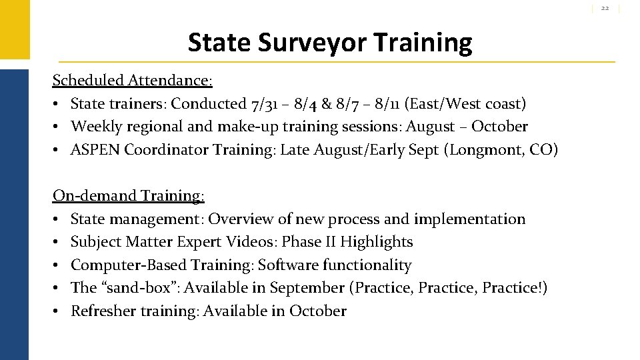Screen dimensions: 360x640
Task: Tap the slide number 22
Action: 605,8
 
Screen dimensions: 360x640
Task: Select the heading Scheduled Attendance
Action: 132,81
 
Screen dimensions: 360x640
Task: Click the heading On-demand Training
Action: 129,196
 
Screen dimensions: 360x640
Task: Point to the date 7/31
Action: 265,104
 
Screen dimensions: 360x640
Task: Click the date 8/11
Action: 389,104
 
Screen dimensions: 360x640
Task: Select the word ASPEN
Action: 95,150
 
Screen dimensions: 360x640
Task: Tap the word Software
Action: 287,265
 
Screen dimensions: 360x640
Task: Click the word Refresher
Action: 103,311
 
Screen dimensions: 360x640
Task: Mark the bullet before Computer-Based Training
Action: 57,265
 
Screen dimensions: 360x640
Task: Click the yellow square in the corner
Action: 14,29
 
